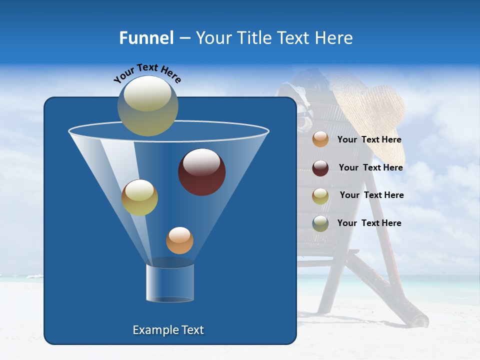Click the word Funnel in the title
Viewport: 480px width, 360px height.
(146, 38)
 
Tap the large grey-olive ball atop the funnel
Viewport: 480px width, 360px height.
(148, 105)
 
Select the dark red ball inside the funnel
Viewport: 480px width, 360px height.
(201, 172)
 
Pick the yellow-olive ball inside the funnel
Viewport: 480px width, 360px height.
(139, 197)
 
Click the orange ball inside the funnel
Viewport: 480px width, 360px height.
(179, 240)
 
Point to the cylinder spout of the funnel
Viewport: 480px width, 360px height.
(170, 282)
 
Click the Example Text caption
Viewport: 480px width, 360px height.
(168, 330)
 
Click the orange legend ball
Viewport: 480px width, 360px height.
(320, 139)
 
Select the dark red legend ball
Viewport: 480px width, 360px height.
(320, 167)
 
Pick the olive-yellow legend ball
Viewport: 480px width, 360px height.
(320, 195)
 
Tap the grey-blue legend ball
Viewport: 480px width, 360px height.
(320, 223)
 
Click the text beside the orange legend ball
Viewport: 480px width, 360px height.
(369, 140)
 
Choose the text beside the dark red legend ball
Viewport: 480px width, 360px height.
(370, 168)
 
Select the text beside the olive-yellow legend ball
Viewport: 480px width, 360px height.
(371, 195)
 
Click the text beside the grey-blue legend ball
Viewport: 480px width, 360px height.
(369, 223)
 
